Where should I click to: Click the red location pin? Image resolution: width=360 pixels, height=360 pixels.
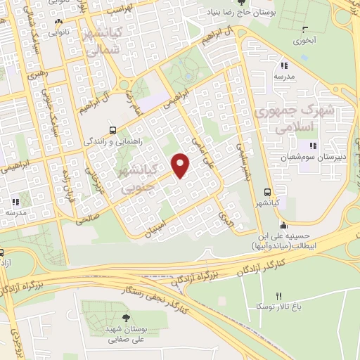click(x=181, y=165)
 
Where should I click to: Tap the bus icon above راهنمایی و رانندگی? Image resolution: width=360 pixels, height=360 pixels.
click(x=113, y=130)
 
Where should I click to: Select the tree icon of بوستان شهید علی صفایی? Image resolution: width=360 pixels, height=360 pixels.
click(x=126, y=319)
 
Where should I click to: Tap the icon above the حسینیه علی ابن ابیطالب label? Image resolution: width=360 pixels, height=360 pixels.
click(x=283, y=226)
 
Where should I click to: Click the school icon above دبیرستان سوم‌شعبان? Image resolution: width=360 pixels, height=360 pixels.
click(x=313, y=146)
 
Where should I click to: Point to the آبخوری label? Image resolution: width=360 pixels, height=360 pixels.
click(x=305, y=41)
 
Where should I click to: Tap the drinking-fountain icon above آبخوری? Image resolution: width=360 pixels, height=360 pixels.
click(x=304, y=30)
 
